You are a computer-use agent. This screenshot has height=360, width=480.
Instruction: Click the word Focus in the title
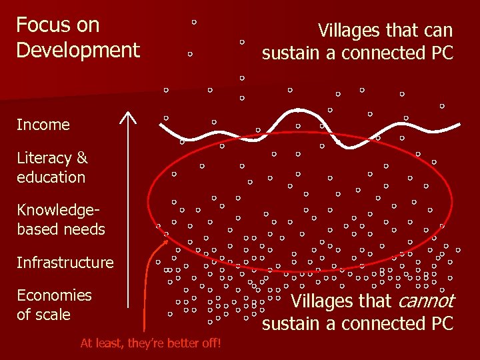tap(43, 25)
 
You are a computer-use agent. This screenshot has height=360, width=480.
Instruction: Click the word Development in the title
tap(78, 50)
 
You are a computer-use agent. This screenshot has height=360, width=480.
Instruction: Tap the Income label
tap(43, 125)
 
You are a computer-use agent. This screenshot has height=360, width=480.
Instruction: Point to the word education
tap(51, 177)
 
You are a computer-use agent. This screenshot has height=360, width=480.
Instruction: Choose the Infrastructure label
tap(65, 263)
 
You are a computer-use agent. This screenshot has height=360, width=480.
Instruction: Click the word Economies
tap(54, 295)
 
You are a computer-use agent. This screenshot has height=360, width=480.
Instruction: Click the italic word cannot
tap(425, 301)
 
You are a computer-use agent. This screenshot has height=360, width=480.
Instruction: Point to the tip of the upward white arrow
tap(127, 113)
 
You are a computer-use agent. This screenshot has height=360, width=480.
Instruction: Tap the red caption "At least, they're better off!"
tap(151, 343)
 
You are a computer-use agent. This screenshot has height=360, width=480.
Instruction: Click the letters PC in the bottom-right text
tap(441, 324)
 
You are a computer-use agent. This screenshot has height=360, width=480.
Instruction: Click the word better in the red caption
tap(182, 343)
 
